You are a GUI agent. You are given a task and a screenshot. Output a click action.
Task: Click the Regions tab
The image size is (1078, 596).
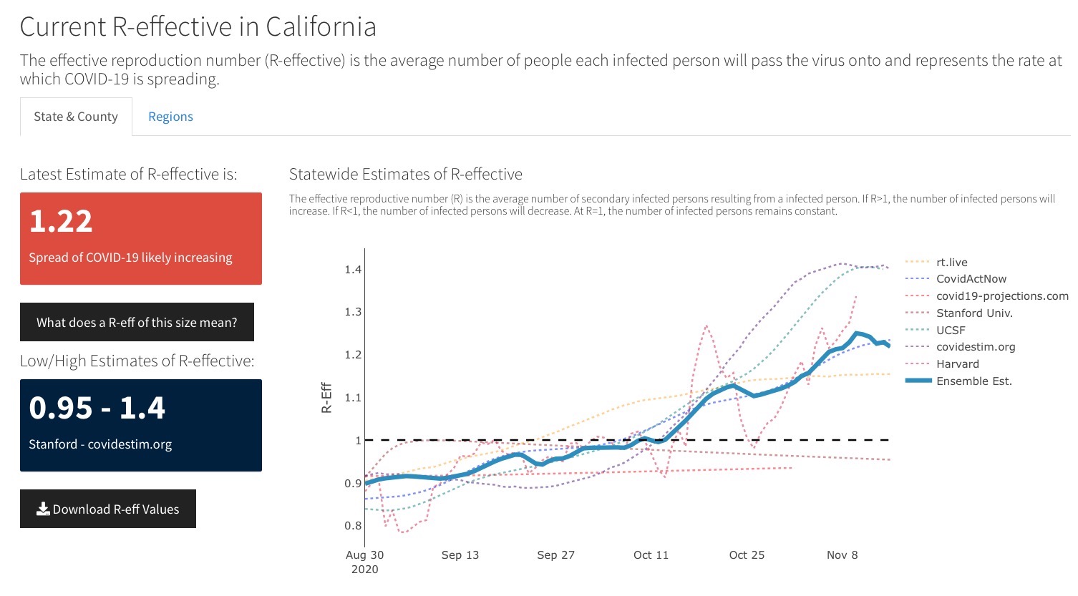(x=170, y=117)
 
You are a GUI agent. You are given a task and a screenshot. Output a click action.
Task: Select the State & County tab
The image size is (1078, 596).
(x=76, y=117)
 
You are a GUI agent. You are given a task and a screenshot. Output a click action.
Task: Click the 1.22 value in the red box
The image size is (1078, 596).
(x=61, y=221)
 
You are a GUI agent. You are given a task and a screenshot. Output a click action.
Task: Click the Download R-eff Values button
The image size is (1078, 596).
(x=108, y=509)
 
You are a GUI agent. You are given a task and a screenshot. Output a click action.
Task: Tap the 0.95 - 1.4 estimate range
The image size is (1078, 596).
(x=97, y=408)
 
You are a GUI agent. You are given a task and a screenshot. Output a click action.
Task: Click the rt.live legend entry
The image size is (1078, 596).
(x=951, y=263)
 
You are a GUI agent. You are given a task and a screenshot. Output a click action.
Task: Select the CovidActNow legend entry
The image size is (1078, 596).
(x=971, y=279)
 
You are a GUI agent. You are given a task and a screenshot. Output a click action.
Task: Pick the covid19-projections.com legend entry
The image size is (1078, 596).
(x=1001, y=296)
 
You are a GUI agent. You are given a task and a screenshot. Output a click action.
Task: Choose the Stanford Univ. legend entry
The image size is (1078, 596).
(x=974, y=313)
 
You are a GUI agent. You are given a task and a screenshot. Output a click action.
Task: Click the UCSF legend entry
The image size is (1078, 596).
(x=951, y=331)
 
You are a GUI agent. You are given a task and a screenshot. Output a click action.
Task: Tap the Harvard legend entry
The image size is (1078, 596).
(x=957, y=364)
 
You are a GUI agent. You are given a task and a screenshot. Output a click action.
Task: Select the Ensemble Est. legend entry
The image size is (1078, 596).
(x=973, y=381)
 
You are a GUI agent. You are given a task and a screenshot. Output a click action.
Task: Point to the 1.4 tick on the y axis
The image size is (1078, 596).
(x=353, y=270)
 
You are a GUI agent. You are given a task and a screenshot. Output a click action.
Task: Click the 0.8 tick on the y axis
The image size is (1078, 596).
(x=353, y=526)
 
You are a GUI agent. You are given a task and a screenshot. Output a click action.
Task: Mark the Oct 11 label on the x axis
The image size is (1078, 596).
(x=651, y=555)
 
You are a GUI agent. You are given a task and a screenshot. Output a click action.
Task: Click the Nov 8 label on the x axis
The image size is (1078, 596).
(x=842, y=555)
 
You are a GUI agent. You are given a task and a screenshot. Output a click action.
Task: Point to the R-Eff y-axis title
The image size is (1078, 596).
(x=326, y=398)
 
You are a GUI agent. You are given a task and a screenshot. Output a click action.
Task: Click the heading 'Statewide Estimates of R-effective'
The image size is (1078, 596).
(x=406, y=174)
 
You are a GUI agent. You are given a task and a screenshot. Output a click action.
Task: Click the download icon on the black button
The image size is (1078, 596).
(x=43, y=509)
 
